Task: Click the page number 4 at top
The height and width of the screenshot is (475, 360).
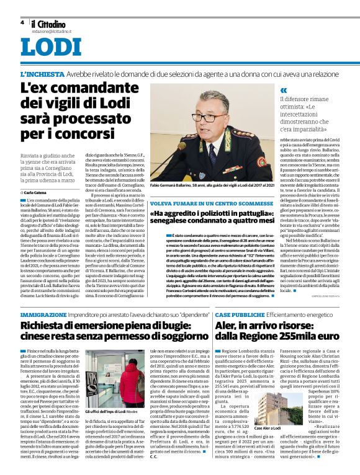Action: (x=22, y=22)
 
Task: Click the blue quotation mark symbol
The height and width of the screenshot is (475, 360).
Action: (x=284, y=90)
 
